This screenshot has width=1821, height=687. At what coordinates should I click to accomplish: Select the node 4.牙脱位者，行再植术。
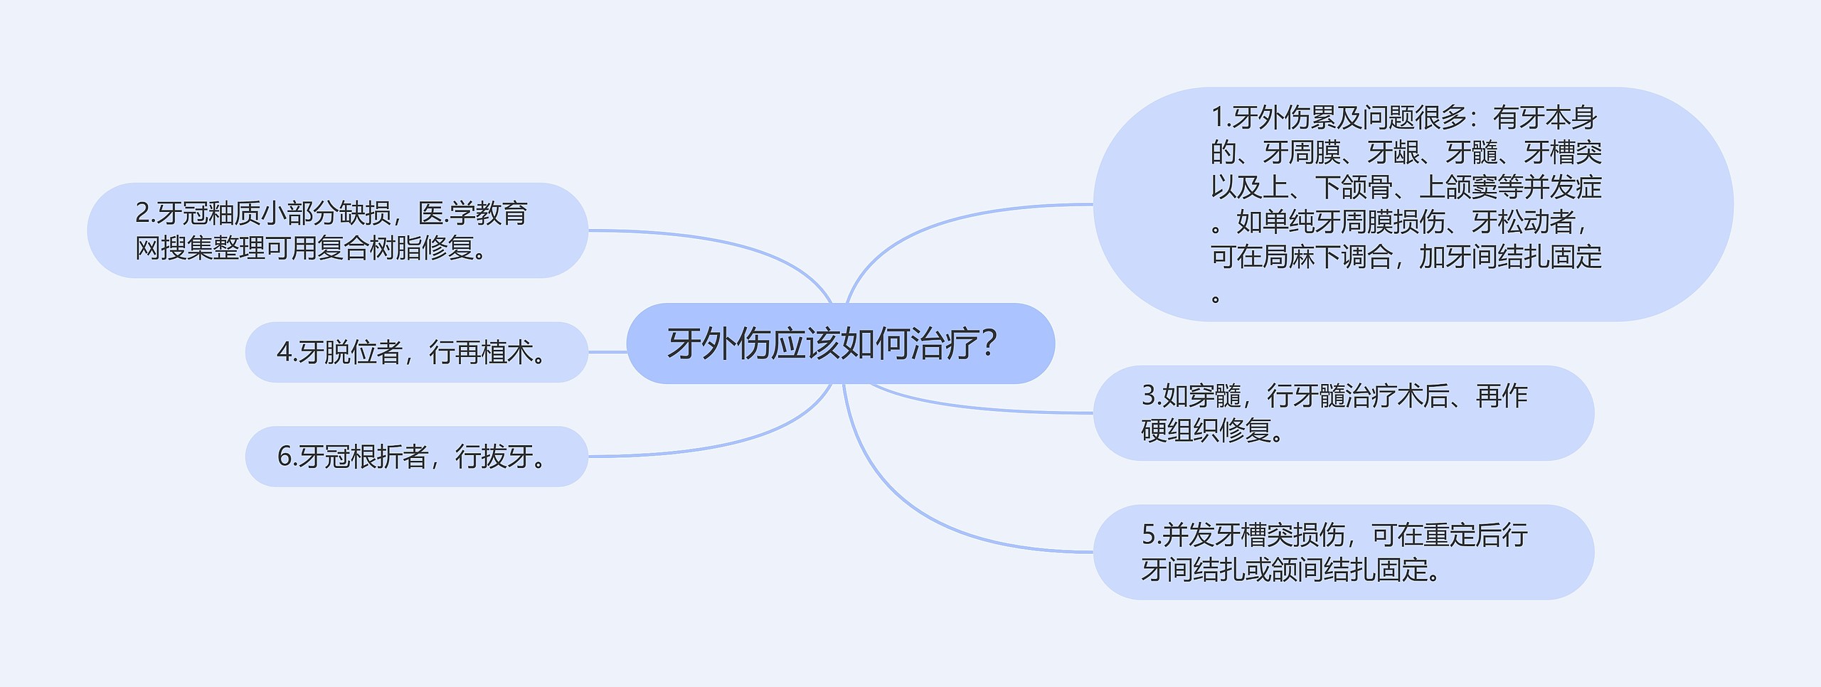coord(416,353)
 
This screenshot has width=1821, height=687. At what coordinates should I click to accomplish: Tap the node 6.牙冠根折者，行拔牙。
coord(416,457)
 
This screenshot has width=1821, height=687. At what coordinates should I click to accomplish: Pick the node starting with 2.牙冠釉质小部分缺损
coord(337,230)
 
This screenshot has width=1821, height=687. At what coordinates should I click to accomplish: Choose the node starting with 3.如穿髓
coord(1342,413)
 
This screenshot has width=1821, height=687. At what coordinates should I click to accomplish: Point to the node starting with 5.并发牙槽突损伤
coord(1342,553)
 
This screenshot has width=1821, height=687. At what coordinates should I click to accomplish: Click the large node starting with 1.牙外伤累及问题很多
coord(1412,205)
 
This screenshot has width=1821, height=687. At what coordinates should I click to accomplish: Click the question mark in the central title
coord(987,344)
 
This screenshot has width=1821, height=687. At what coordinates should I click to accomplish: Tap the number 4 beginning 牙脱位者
coord(284,353)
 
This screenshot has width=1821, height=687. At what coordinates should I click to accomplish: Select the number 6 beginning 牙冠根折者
coord(284,457)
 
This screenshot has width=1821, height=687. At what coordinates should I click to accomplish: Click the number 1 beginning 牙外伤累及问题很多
coord(1218,118)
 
